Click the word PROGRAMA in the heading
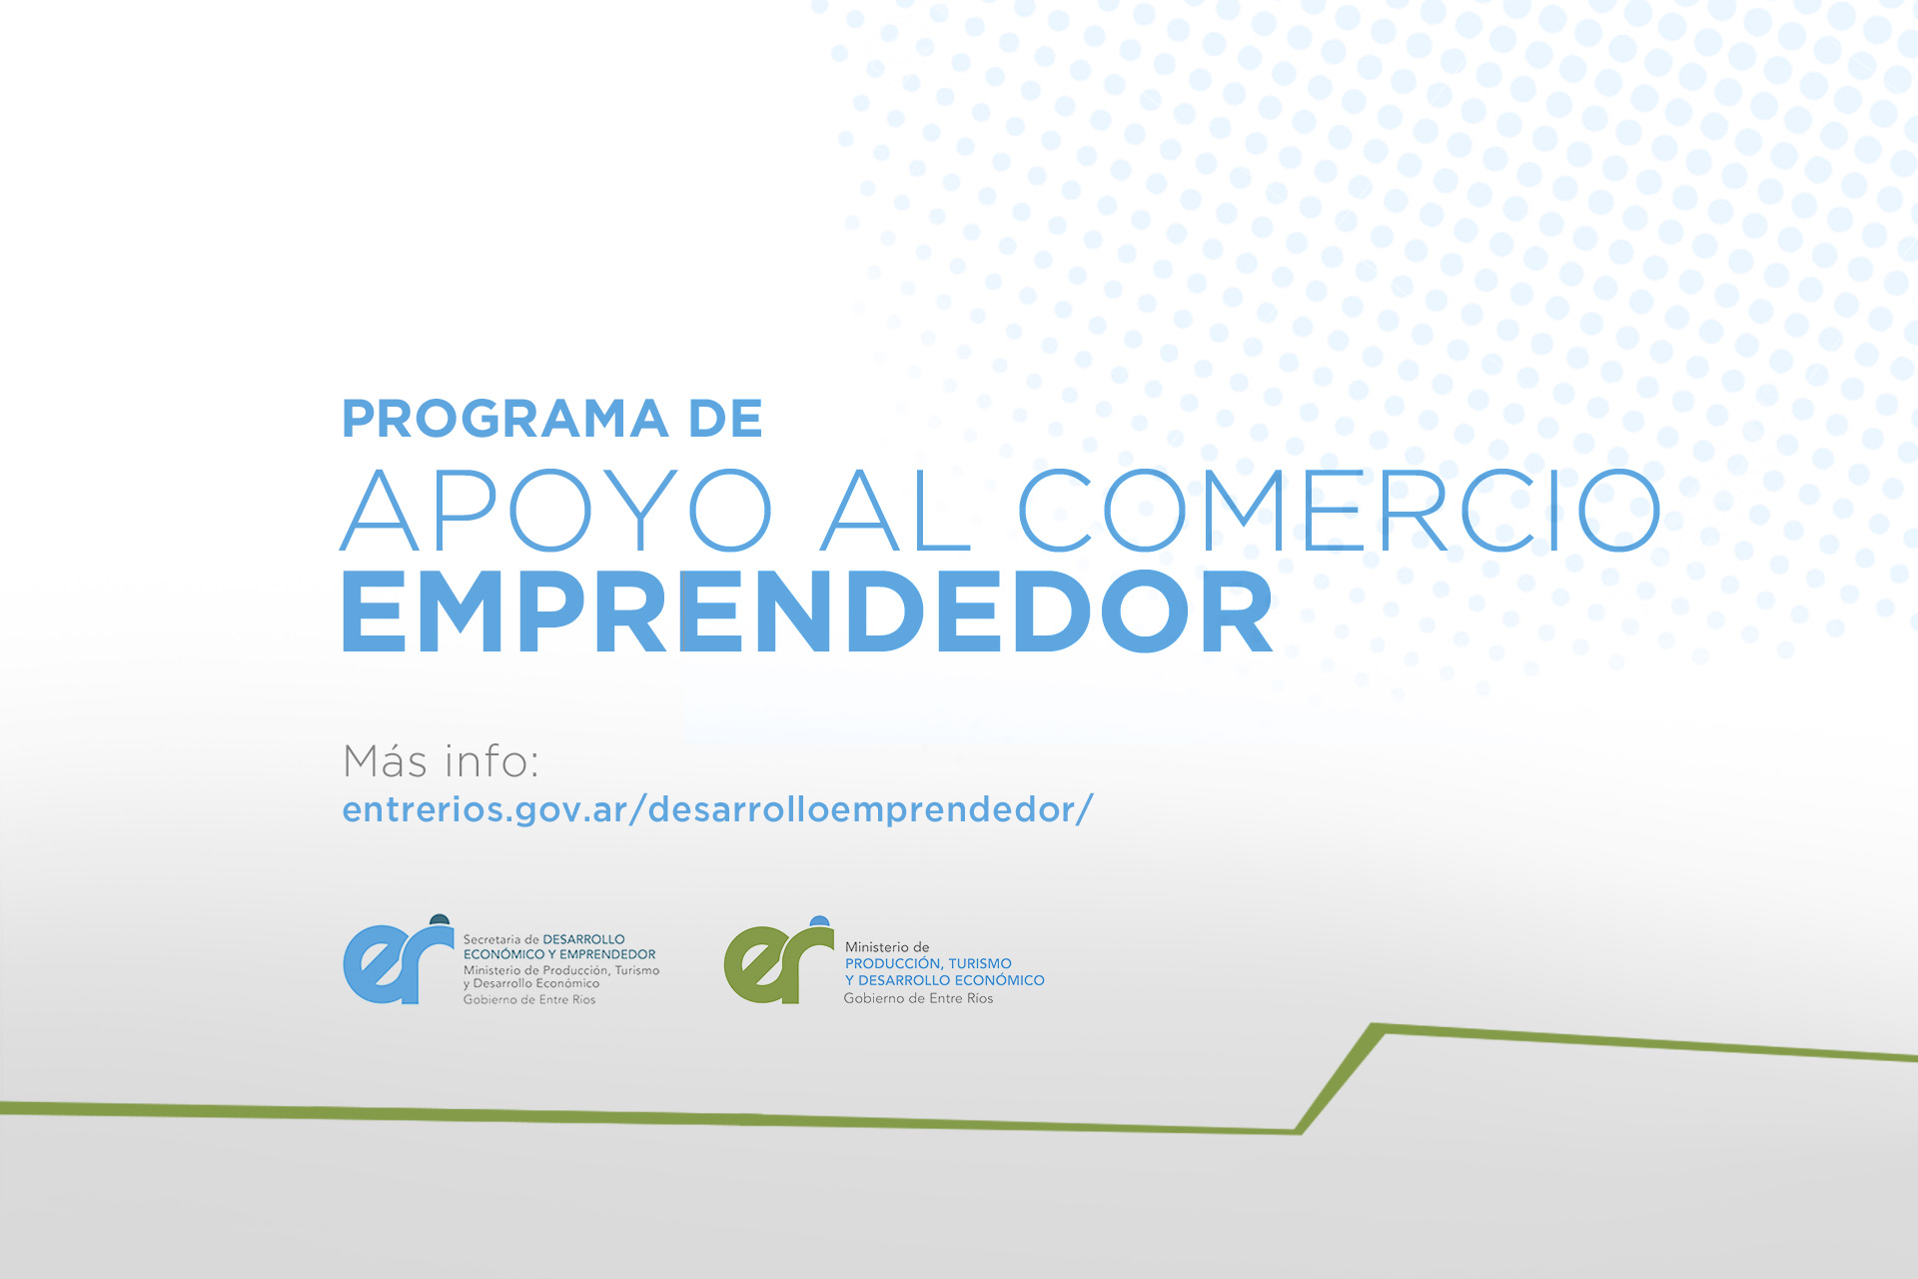505,419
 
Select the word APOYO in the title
556,511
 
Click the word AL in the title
895,511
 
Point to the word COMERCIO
1340,511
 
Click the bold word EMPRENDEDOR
808,613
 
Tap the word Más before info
386,761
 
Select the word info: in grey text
492,761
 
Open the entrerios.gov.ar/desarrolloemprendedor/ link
718,809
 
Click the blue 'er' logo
398,961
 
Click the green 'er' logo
778,962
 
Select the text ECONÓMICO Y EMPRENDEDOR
559,954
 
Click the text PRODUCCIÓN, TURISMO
928,963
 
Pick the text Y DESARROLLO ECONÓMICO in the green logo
945,980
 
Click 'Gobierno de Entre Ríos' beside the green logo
919,998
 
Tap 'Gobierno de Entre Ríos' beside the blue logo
529,999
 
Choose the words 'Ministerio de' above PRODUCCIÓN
887,946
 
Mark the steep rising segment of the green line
1339,1079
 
